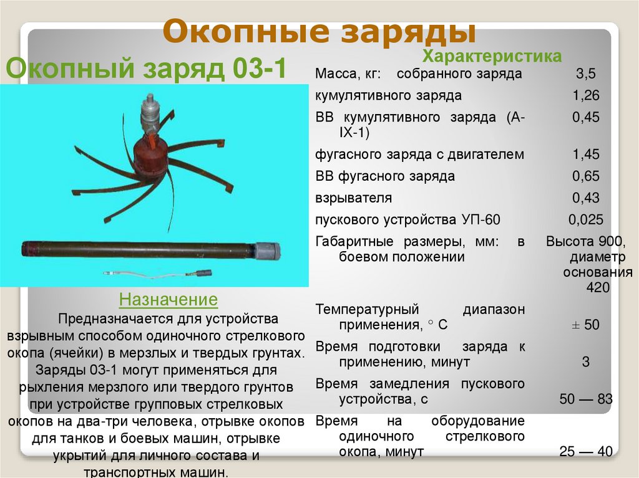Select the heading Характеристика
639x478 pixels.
[x=492, y=56]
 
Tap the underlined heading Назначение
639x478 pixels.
[x=168, y=300]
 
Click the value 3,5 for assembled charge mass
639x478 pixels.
[x=585, y=74]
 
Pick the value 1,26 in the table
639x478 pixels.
[x=585, y=96]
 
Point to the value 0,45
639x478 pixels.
[x=585, y=118]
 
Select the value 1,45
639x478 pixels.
[x=585, y=154]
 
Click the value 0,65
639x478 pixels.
[x=585, y=176]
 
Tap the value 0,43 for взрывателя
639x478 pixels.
[x=585, y=198]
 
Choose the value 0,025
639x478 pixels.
[x=585, y=220]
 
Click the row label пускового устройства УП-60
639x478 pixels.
[x=408, y=220]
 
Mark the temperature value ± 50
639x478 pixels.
[x=585, y=325]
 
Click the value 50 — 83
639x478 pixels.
[x=585, y=399]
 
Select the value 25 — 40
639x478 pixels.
[x=585, y=451]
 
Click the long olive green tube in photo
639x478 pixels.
[x=137, y=249]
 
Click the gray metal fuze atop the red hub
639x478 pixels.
[x=151, y=112]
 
